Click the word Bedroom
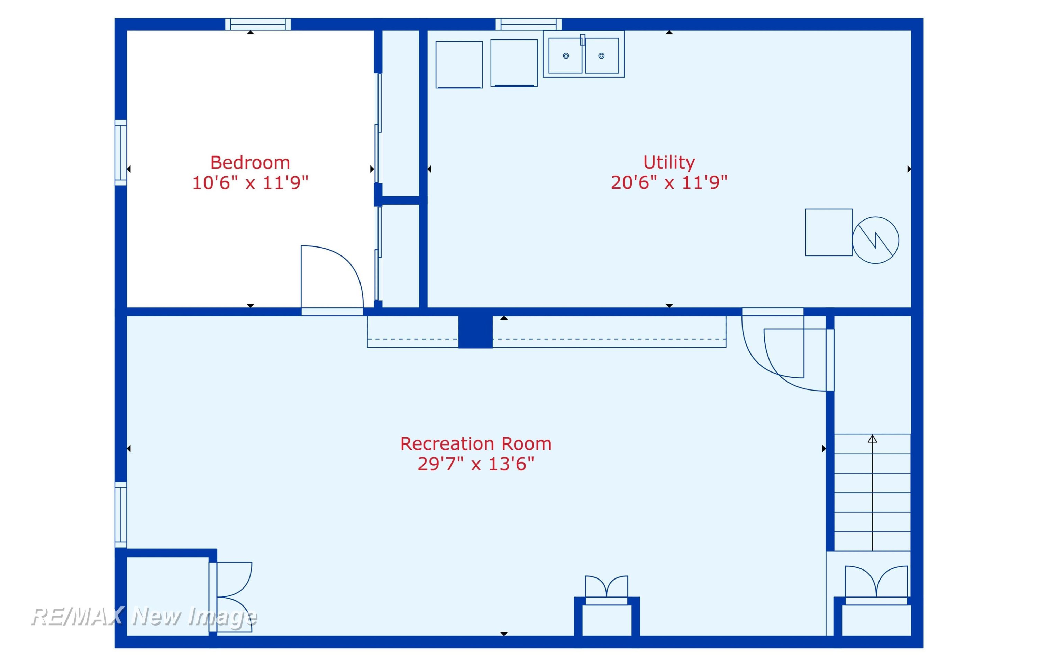250,163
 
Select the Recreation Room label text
476,444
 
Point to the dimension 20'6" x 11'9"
669,182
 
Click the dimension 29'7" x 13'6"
476,464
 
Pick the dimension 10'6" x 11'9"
250,183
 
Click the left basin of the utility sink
566,56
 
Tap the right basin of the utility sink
602,56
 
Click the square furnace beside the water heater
829,232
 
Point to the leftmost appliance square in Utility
459,65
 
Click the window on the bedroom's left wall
121,153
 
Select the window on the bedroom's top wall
258,24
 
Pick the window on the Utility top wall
528,24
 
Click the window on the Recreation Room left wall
121,515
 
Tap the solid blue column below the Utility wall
475,332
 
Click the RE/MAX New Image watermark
144,617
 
